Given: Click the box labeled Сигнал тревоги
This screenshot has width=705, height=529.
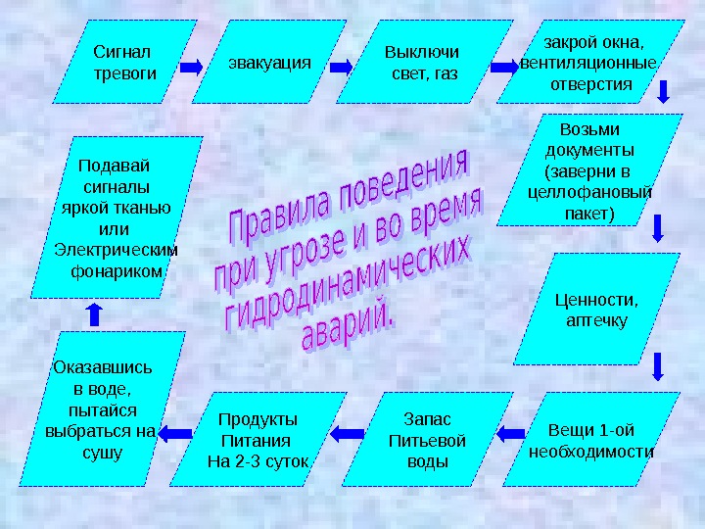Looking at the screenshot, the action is click(123, 62).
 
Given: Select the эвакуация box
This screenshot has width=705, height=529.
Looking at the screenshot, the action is click(269, 62).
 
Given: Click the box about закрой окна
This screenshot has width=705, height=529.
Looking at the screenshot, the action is click(587, 62).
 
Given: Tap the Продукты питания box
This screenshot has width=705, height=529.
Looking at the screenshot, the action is click(258, 440).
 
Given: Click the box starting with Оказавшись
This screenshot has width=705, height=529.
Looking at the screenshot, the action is click(102, 409).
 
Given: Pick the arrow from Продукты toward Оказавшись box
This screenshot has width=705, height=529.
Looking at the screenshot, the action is click(177, 429).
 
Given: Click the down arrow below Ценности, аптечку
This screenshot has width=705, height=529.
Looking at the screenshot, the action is click(658, 366).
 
